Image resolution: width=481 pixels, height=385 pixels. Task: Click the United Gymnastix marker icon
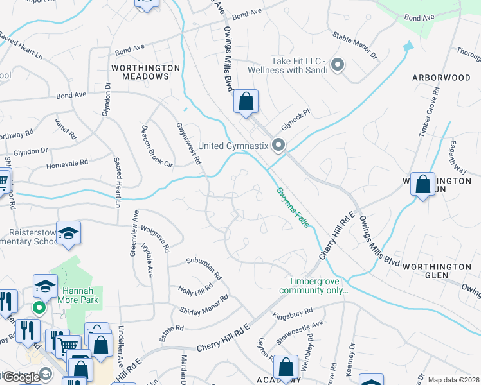coord(278,146)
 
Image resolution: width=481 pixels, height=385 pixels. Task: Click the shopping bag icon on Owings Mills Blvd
coord(246,101)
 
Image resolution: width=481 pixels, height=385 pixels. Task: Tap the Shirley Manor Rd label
coord(205,305)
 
